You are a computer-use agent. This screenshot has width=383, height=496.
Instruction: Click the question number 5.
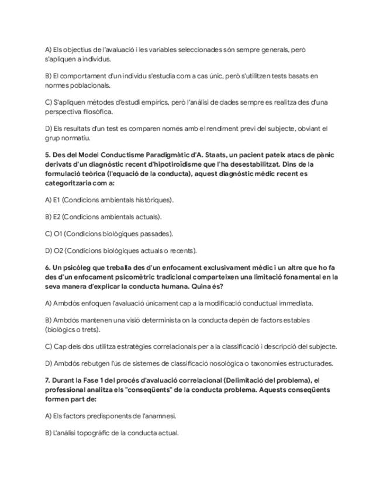click(x=47, y=155)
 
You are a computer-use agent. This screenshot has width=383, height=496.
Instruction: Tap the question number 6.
click(x=47, y=267)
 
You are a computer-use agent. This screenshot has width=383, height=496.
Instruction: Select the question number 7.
click(x=47, y=380)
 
